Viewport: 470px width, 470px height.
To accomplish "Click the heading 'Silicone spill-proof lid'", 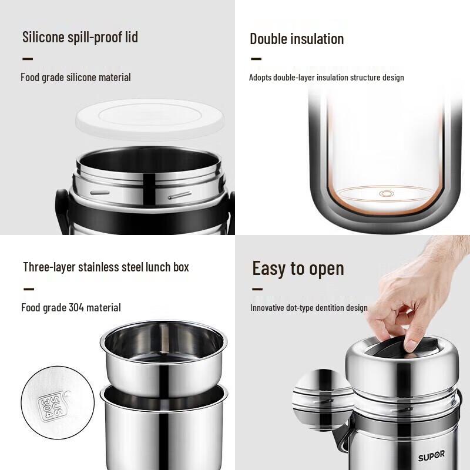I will [x=80, y=38].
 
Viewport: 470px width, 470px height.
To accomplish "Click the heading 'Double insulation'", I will [x=297, y=39].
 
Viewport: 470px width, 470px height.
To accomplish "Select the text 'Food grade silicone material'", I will [x=76, y=78].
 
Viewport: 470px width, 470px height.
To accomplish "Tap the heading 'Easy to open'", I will [x=298, y=268].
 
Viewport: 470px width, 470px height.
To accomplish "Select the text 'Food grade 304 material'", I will [x=71, y=308].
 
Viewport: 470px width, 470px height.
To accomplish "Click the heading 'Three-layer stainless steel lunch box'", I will [x=106, y=267].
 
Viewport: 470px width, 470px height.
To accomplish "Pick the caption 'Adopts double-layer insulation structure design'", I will [x=326, y=78].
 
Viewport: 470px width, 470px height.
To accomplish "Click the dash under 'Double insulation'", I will [x=256, y=58].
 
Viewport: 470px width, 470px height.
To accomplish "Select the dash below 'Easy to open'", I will [x=257, y=289].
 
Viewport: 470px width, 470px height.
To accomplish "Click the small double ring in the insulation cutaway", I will [x=386, y=193].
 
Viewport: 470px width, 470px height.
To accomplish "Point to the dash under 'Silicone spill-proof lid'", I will [x=28, y=58].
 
